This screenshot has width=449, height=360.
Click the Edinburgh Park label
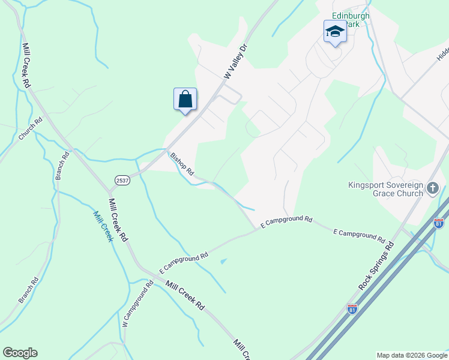pos(351,16)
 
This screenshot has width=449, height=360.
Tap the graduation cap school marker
pos(334,32)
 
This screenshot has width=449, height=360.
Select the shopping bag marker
pos(185,99)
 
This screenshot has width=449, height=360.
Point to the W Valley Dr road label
pos(235,61)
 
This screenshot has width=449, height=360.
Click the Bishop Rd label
pos(182,164)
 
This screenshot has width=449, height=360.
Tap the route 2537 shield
pos(122,180)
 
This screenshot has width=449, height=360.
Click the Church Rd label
pos(31,128)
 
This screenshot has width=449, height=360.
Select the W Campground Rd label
pos(134,304)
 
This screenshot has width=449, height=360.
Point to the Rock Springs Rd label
pos(376,266)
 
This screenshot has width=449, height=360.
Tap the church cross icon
pos(432,190)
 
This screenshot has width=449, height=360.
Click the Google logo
pos(20,353)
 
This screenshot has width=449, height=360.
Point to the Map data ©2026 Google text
pos(411,355)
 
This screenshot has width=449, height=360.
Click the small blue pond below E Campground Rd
pos(224,261)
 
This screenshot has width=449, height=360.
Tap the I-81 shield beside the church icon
pos(439,223)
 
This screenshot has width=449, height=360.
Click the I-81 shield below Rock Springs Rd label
pos(352,310)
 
